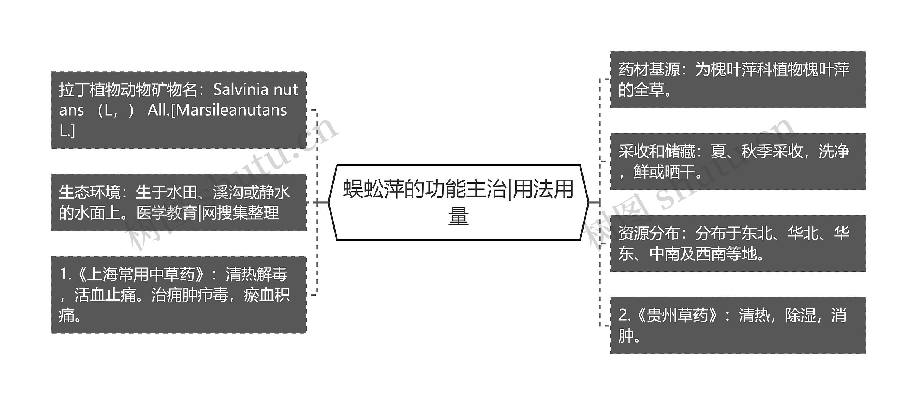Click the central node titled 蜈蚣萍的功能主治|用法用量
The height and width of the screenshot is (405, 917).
(x=458, y=202)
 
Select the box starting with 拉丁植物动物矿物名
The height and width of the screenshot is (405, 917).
(x=178, y=110)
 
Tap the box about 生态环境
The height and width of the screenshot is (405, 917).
(x=178, y=202)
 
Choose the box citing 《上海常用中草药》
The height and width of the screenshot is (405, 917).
(x=178, y=295)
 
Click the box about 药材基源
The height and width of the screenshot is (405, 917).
(x=738, y=79)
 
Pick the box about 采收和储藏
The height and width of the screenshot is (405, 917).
(x=738, y=161)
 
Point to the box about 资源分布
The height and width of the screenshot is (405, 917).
(x=738, y=243)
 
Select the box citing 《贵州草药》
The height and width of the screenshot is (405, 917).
(x=738, y=325)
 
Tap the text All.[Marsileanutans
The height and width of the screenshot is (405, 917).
(x=217, y=110)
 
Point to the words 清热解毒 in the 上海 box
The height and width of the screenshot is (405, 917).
(x=256, y=274)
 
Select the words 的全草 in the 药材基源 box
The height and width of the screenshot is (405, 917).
(x=641, y=90)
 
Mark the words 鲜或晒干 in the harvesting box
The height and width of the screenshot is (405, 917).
(x=664, y=172)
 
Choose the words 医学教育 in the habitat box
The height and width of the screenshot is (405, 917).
(x=167, y=213)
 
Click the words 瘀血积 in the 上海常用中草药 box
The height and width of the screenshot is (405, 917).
(x=267, y=295)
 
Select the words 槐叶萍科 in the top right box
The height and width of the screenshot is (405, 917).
(x=741, y=69)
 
